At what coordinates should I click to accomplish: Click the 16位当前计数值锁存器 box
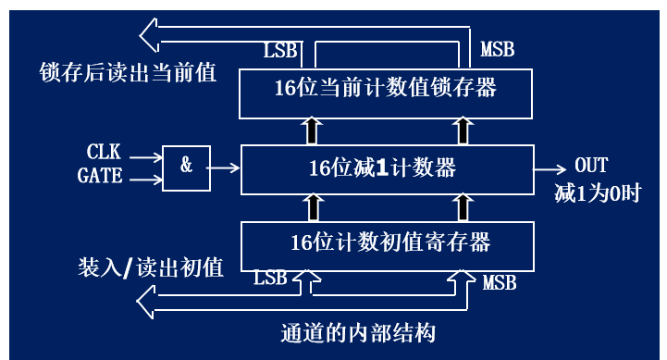pos(386,91)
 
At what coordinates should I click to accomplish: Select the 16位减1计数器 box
pos(386,168)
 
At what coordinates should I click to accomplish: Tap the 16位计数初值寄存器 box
pos(386,243)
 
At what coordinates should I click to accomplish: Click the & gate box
pos(185,167)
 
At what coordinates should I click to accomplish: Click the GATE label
pos(101,175)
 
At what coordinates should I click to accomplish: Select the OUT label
pos(591,166)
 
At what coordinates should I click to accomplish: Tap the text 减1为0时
pos(597,192)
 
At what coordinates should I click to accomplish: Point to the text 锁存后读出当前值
pos(129,72)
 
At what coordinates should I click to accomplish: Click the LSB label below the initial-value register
pos(270,278)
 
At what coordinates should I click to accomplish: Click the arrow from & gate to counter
pos(224,168)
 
